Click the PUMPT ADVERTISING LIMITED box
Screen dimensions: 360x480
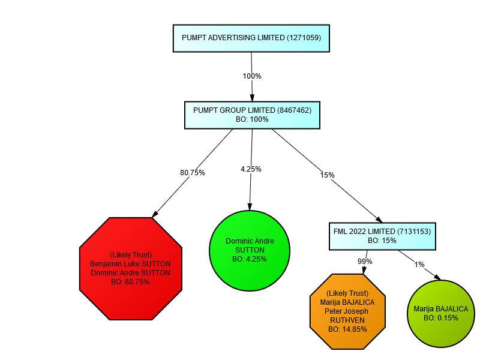(x=251, y=38)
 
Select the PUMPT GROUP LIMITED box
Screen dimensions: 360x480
(x=252, y=115)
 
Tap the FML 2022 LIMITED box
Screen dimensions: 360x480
(x=382, y=236)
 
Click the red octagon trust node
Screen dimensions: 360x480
(x=130, y=268)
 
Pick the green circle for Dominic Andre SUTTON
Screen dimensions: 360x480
(x=250, y=250)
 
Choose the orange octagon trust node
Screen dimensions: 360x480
(x=348, y=311)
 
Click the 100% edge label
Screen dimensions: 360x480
(x=252, y=76)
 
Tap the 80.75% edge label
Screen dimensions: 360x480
(x=193, y=173)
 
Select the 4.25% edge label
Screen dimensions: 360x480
(x=251, y=169)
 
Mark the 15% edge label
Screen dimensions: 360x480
(x=327, y=175)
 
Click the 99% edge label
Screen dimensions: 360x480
(x=365, y=262)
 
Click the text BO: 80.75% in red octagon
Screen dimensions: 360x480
(x=130, y=281)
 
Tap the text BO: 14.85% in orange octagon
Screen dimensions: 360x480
(x=348, y=329)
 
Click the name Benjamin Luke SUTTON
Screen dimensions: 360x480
(x=130, y=263)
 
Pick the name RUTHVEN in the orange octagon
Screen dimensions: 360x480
(x=348, y=320)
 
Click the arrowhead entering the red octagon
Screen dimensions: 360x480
(x=155, y=213)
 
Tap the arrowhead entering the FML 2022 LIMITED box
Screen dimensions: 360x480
(x=379, y=220)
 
